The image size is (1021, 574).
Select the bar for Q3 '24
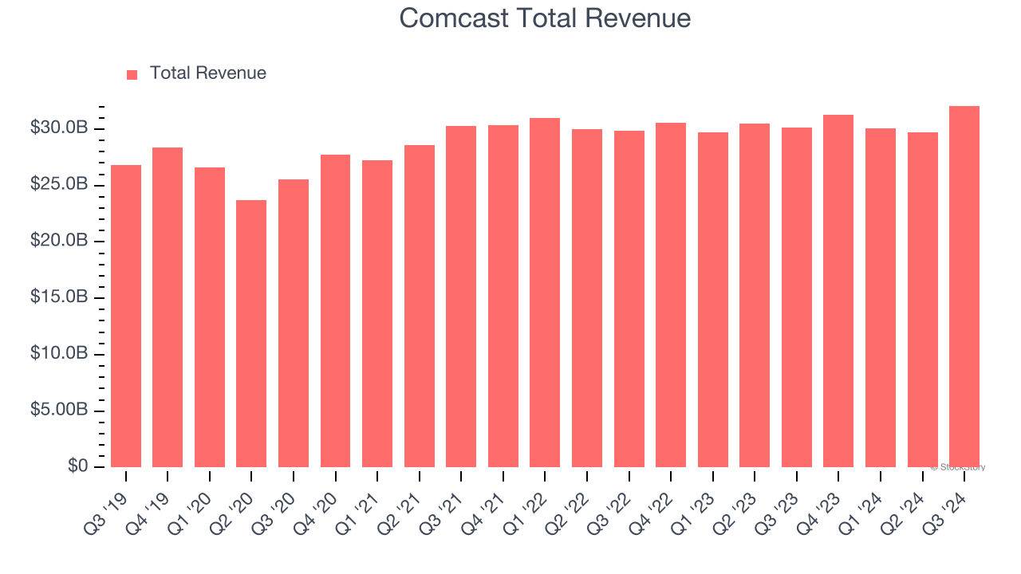click(x=964, y=287)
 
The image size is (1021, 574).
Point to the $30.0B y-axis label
click(x=59, y=128)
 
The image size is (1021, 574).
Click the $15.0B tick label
click(x=59, y=297)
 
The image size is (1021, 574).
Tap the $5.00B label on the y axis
click(x=59, y=410)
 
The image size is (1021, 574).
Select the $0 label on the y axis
click(x=77, y=466)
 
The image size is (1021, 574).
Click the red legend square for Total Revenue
click(x=132, y=74)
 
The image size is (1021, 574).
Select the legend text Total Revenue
click(x=207, y=73)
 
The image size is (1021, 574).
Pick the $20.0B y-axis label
click(x=59, y=241)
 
